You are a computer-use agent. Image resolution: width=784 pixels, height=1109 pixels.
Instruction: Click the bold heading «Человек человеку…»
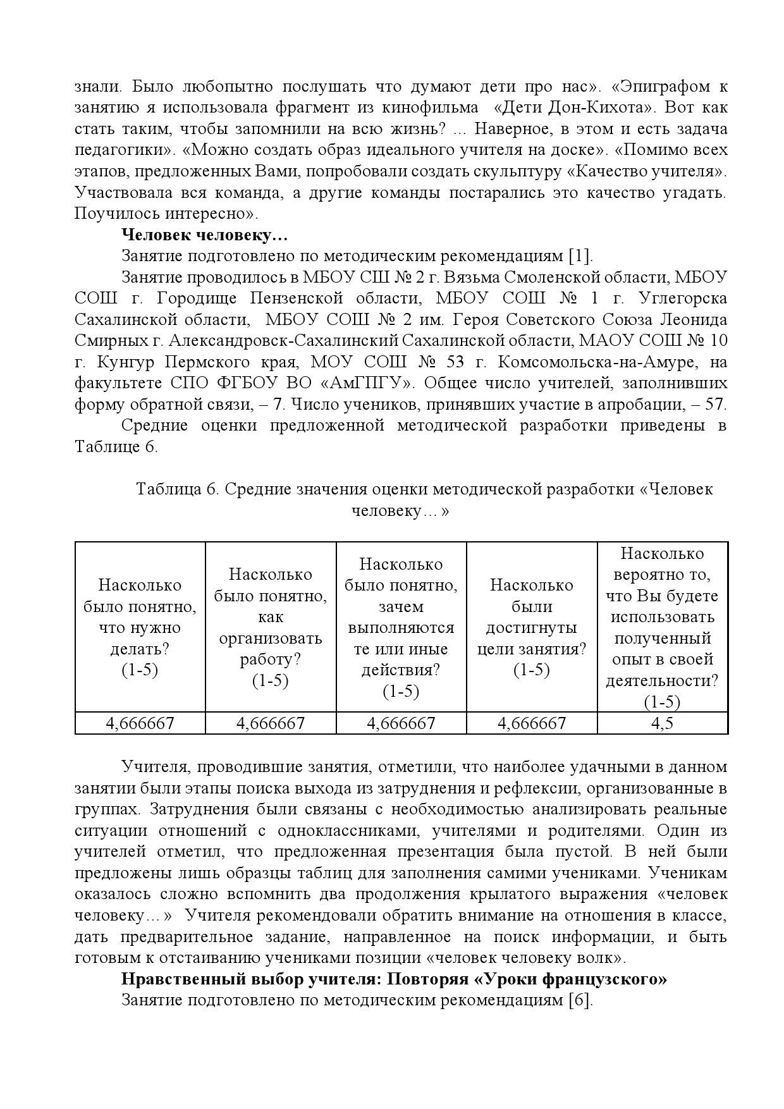(204, 235)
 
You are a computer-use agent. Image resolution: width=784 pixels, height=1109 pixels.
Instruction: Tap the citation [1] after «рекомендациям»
(580, 256)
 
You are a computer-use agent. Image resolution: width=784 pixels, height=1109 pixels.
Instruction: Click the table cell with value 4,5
(662, 723)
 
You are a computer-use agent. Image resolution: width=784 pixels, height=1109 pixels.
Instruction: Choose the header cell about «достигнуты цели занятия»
(531, 627)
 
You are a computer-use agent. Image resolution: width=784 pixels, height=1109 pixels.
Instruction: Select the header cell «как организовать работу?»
(270, 627)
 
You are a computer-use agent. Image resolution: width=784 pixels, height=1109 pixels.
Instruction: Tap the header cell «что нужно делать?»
(140, 627)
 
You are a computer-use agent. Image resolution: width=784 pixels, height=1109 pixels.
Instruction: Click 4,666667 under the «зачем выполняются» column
(401, 723)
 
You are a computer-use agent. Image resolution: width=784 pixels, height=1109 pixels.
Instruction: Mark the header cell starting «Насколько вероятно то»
(662, 627)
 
